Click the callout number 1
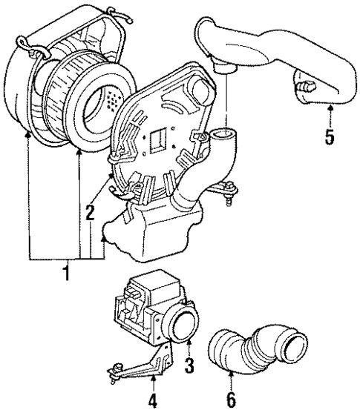tap(66, 274)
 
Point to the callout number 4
tap(152, 400)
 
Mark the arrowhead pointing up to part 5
tap(330, 109)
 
